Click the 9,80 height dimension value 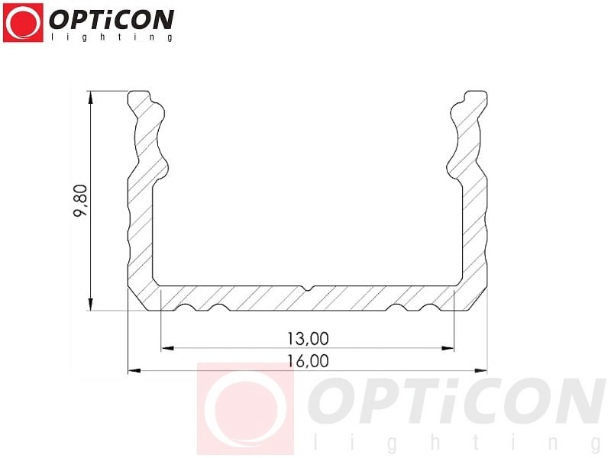81,201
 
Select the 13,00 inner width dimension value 308,339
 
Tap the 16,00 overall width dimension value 308,361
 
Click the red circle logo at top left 23,23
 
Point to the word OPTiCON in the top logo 112,21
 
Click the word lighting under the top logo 112,37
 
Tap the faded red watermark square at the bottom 245,408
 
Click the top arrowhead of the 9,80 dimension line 90,98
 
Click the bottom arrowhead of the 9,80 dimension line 90,305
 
